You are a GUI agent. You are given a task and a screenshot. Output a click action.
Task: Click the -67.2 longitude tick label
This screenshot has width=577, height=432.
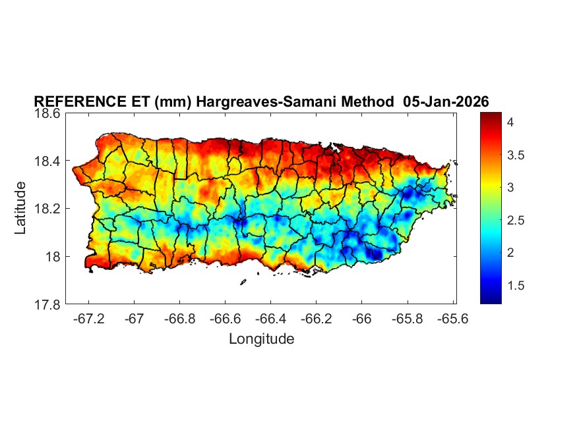[89, 318]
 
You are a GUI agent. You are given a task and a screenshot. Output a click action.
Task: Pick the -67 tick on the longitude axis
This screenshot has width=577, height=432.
[135, 318]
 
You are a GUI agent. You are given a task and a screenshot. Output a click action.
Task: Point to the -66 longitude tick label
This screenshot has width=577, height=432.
[362, 318]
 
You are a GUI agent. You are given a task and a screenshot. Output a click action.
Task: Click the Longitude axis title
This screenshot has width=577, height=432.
[261, 339]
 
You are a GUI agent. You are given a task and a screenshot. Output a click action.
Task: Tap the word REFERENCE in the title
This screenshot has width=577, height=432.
[73, 101]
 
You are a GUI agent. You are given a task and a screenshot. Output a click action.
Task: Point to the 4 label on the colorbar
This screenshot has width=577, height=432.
[510, 122]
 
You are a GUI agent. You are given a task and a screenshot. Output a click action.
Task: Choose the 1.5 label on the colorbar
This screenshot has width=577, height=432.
[516, 285]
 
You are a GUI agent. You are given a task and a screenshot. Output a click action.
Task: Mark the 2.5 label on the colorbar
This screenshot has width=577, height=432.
[516, 220]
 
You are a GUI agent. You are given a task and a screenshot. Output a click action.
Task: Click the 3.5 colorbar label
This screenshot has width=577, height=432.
[516, 155]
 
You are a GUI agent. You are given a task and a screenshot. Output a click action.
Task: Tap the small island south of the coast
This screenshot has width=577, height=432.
[243, 283]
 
